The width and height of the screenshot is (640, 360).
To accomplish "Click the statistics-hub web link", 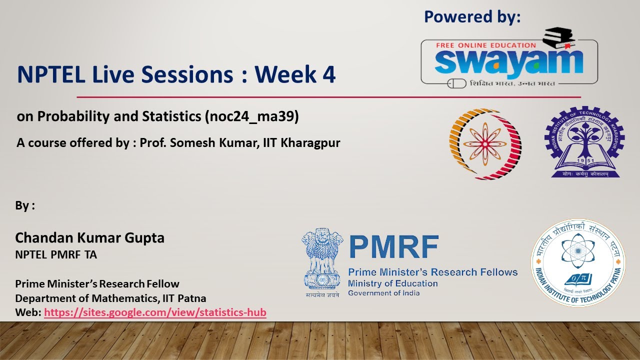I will pos(155,313).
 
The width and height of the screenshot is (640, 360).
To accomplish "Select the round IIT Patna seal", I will pos(578,262).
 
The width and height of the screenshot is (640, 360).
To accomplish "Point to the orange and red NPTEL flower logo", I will pos(484,144).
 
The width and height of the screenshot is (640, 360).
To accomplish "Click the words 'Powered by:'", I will pos(472,17).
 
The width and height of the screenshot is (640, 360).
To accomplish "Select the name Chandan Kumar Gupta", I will pos(90,238).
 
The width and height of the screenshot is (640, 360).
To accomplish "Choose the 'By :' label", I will pos(25,206).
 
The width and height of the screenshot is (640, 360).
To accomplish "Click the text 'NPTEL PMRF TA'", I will pos(56,255).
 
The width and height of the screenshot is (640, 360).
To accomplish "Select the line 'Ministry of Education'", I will pos(392,283).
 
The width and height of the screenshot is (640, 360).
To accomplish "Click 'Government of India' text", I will pos(383,293).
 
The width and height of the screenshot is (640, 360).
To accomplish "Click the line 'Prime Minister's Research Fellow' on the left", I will pos(97,284).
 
